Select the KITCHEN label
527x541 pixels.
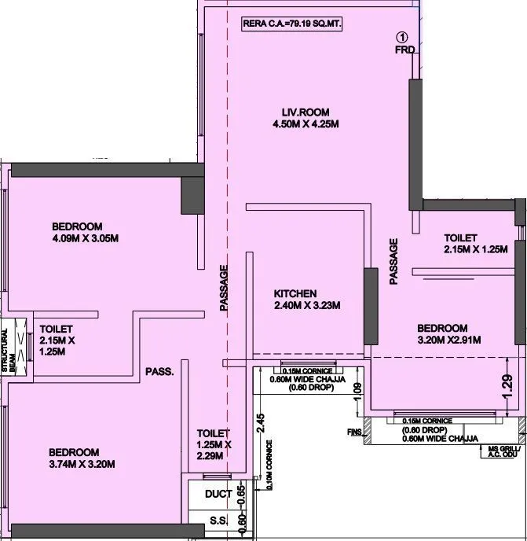[295, 294]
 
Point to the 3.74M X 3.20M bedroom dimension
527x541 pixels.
[82, 464]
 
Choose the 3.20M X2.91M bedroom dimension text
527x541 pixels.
[448, 340]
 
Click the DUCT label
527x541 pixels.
[218, 495]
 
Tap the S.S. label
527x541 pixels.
[218, 521]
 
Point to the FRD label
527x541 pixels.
[404, 50]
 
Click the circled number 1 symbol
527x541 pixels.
[402, 37]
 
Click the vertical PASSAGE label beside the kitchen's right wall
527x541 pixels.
[393, 260]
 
